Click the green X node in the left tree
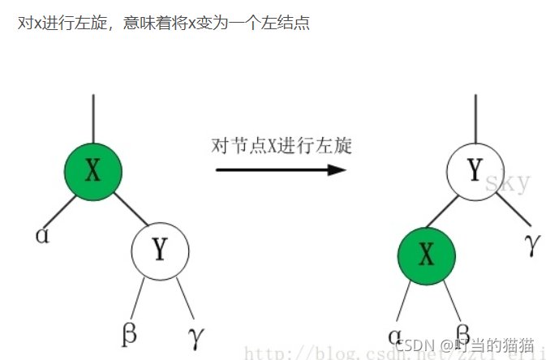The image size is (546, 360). click(x=93, y=170)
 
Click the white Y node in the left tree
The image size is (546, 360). click(x=160, y=249)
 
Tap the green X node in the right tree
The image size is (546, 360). click(x=427, y=256)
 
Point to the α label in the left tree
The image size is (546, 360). click(x=42, y=235)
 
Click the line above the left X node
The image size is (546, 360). click(x=93, y=118)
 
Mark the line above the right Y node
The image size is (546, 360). click(x=475, y=118)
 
